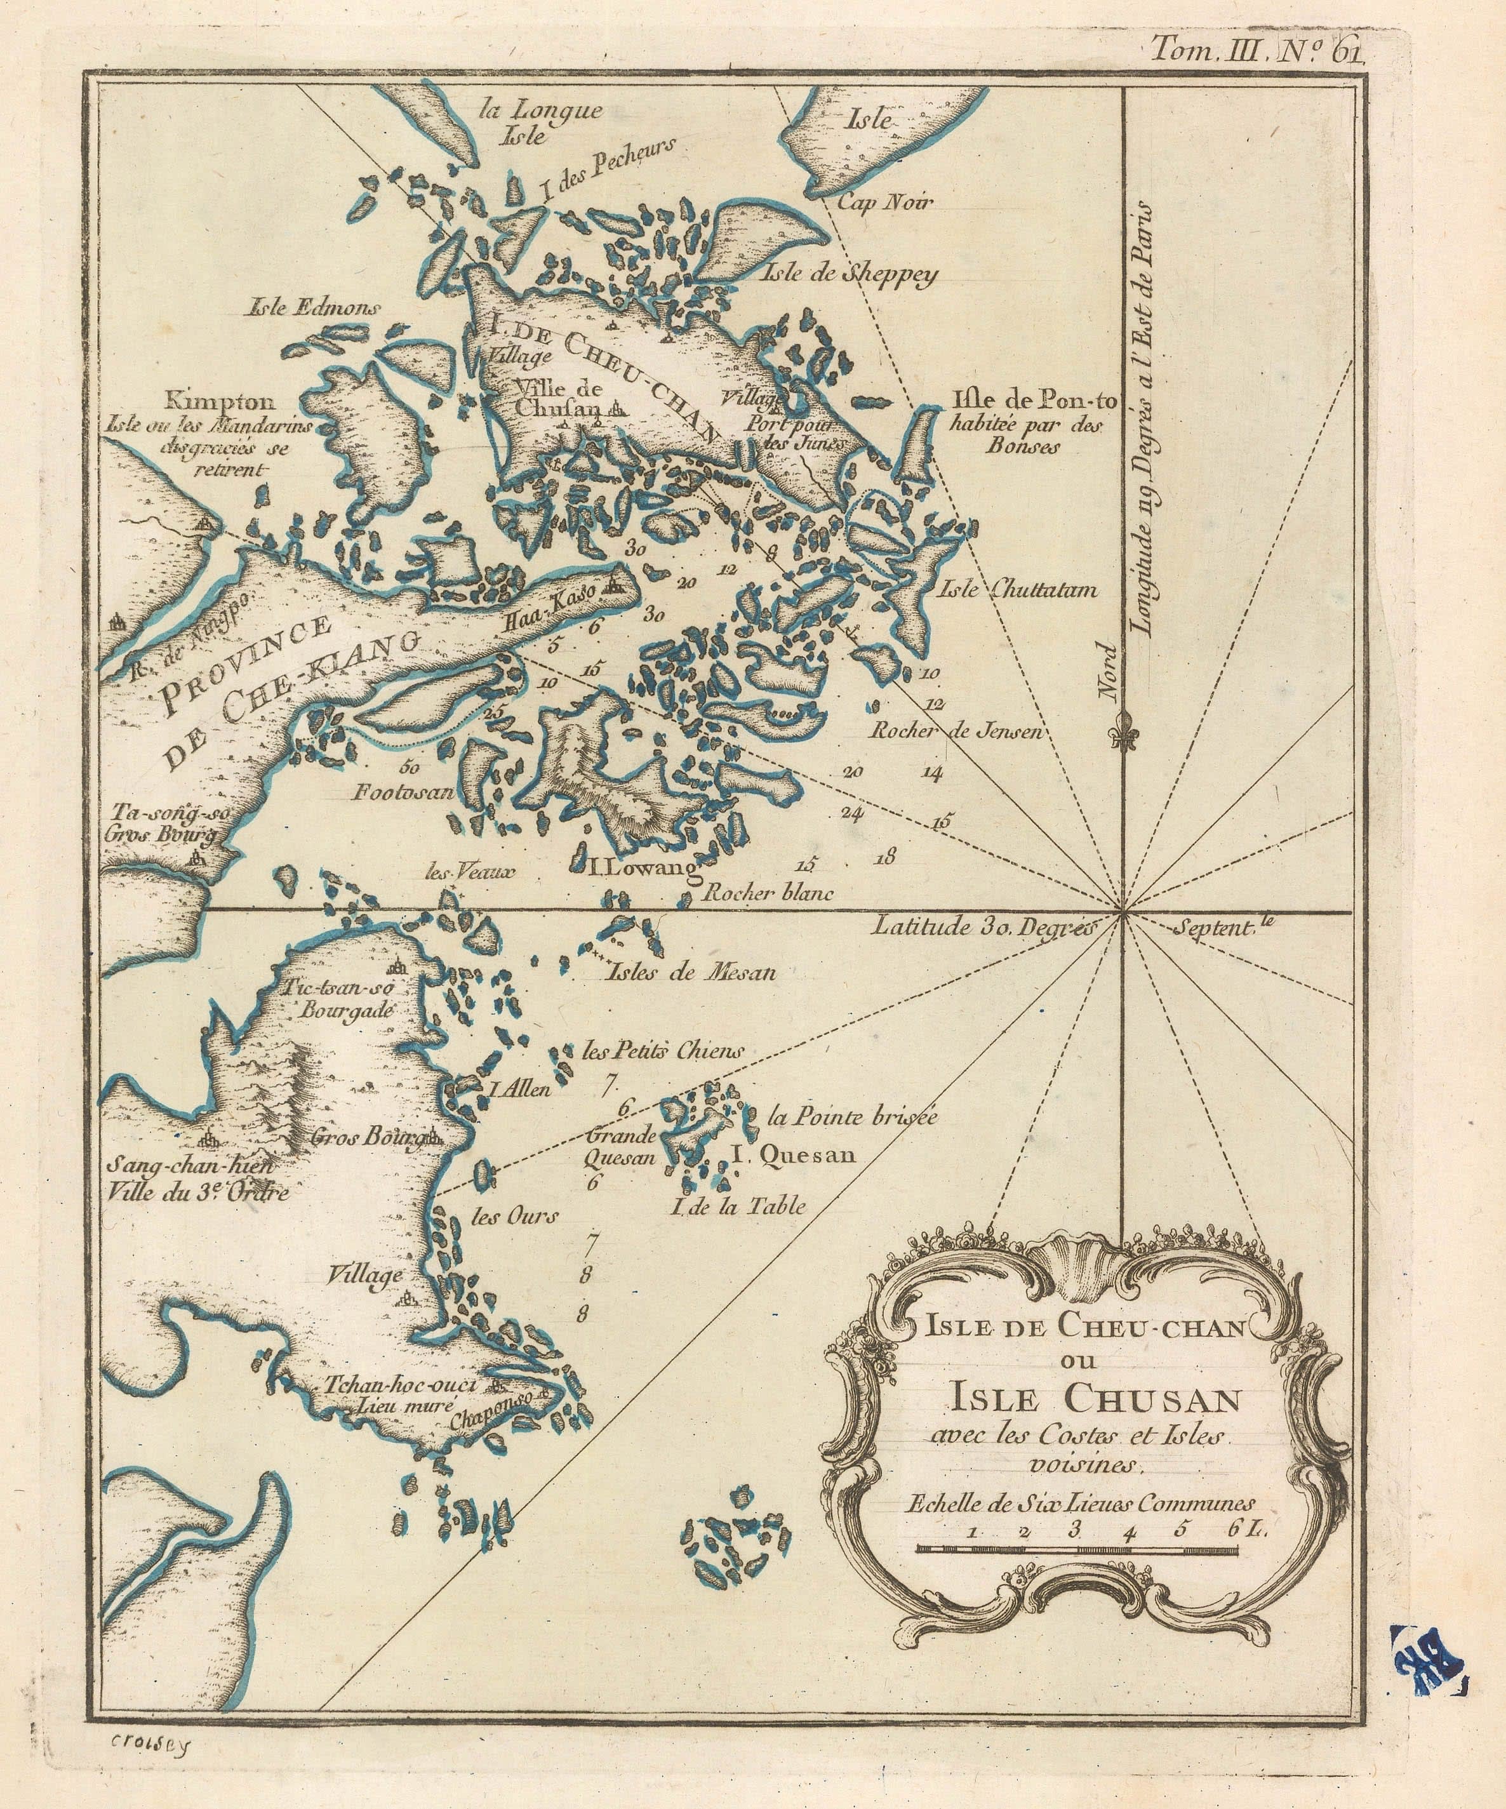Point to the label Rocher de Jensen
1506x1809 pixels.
tap(956, 731)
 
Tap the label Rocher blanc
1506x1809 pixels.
tap(767, 894)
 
